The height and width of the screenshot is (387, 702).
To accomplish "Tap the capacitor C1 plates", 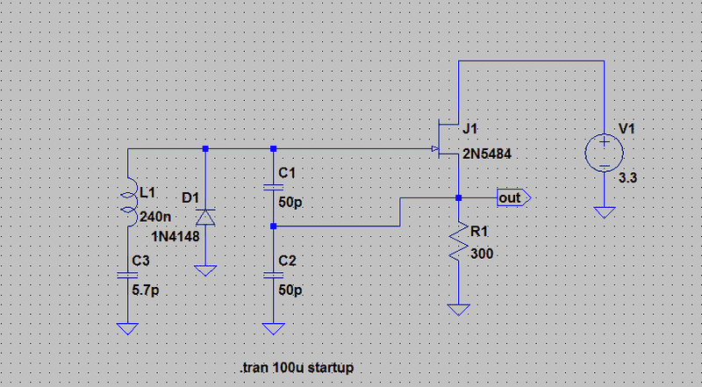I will pos(274,187).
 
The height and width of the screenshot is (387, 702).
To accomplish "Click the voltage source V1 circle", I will pos(605,150).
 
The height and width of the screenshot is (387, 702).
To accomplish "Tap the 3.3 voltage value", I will pos(629,177).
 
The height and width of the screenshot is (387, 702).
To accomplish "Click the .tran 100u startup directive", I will pos(297,367).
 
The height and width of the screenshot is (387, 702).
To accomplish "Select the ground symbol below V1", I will pos(605,212).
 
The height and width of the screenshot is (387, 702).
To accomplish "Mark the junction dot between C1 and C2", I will pos(274,226).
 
